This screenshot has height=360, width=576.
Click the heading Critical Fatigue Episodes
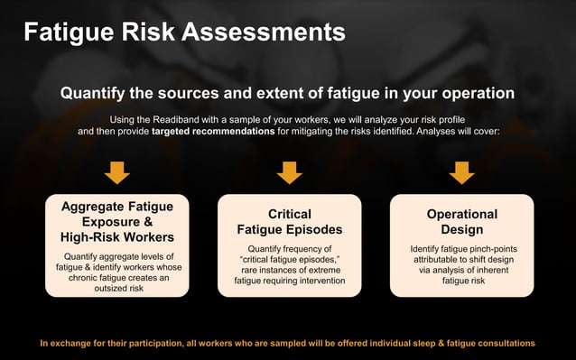[x=289, y=222]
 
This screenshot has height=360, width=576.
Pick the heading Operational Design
[x=461, y=222]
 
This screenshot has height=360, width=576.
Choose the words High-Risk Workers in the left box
[x=117, y=237]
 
